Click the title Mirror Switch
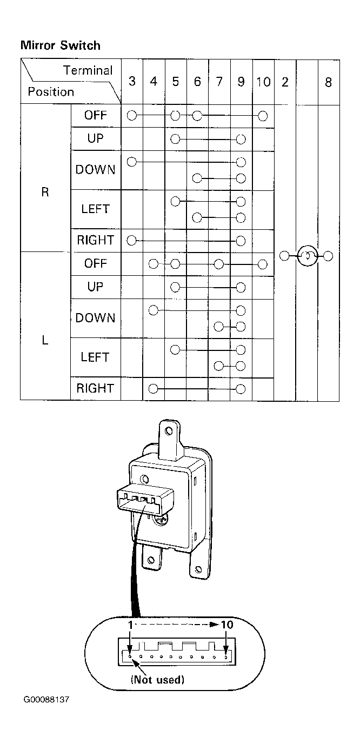point(61,45)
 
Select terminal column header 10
point(263,82)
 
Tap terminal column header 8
point(328,82)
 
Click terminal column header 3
point(132,81)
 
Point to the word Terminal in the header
point(88,70)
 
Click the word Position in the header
point(51,91)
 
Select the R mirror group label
point(45,192)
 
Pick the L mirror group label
point(45,340)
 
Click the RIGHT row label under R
point(96,240)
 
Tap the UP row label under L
point(96,287)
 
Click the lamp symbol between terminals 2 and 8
point(308,256)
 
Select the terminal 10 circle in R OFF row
point(263,116)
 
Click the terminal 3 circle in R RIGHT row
point(131,241)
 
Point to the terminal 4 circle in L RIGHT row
point(153,389)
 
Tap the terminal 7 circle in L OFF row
point(218,264)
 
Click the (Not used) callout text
point(157,680)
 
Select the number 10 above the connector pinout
point(227,625)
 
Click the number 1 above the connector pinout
point(131,625)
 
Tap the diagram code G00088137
point(46,700)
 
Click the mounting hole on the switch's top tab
point(169,431)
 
